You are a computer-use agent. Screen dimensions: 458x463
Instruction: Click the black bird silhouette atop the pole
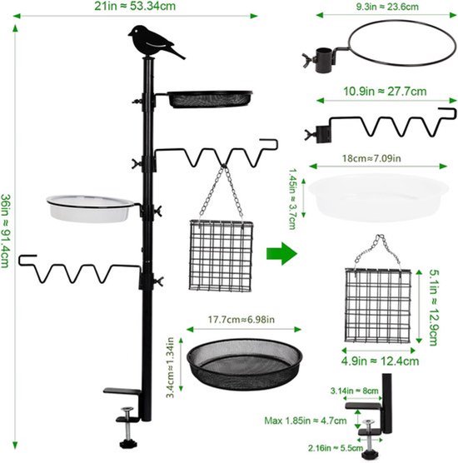tap(153, 42)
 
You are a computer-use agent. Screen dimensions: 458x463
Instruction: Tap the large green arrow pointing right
tap(281, 254)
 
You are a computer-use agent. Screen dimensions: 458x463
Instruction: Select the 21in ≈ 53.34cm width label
tap(135, 6)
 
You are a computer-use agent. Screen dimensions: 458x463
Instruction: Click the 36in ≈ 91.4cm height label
tap(5, 231)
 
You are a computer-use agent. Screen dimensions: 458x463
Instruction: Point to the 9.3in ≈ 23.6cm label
tap(387, 7)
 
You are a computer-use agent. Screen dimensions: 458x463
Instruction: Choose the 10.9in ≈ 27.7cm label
tap(385, 92)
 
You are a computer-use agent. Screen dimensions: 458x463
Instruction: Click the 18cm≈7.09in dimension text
tap(371, 158)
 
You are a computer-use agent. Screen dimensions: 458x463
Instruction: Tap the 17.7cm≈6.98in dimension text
tap(241, 320)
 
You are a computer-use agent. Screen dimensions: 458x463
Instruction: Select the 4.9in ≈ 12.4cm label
tap(380, 361)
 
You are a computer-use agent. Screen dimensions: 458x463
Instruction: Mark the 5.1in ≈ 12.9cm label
tap(433, 307)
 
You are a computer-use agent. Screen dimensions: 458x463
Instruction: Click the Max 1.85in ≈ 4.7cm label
tap(306, 421)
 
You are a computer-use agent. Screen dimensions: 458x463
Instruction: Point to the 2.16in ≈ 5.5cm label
tap(336, 448)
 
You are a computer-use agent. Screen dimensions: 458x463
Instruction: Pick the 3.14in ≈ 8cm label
tap(355, 391)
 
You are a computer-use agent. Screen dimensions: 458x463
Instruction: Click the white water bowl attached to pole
tap(90, 209)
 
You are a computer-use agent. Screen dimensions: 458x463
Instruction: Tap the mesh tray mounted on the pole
tap(210, 99)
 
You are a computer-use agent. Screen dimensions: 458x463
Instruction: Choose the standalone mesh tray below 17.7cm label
tap(245, 364)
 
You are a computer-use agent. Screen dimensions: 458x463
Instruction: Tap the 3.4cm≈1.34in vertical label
tap(171, 367)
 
